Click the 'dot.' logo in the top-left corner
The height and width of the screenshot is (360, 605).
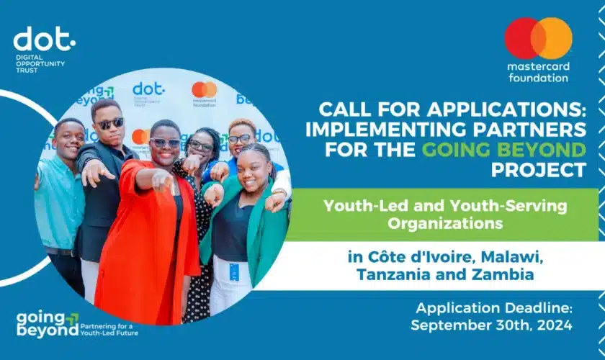(45, 39)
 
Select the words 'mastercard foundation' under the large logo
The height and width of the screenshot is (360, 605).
(538, 72)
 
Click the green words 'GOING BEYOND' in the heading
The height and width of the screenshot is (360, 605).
(504, 150)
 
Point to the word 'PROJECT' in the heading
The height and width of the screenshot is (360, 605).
(538, 170)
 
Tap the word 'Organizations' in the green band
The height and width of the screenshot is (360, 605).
(445, 223)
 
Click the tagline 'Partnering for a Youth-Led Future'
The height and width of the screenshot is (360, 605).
(109, 330)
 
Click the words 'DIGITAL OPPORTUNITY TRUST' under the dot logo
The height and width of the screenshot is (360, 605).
(40, 63)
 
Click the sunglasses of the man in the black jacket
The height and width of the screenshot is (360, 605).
(110, 123)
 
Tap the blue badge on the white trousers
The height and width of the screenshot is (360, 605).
(234, 271)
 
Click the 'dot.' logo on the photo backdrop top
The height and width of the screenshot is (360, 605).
(148, 89)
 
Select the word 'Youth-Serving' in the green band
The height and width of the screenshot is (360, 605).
(508, 207)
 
